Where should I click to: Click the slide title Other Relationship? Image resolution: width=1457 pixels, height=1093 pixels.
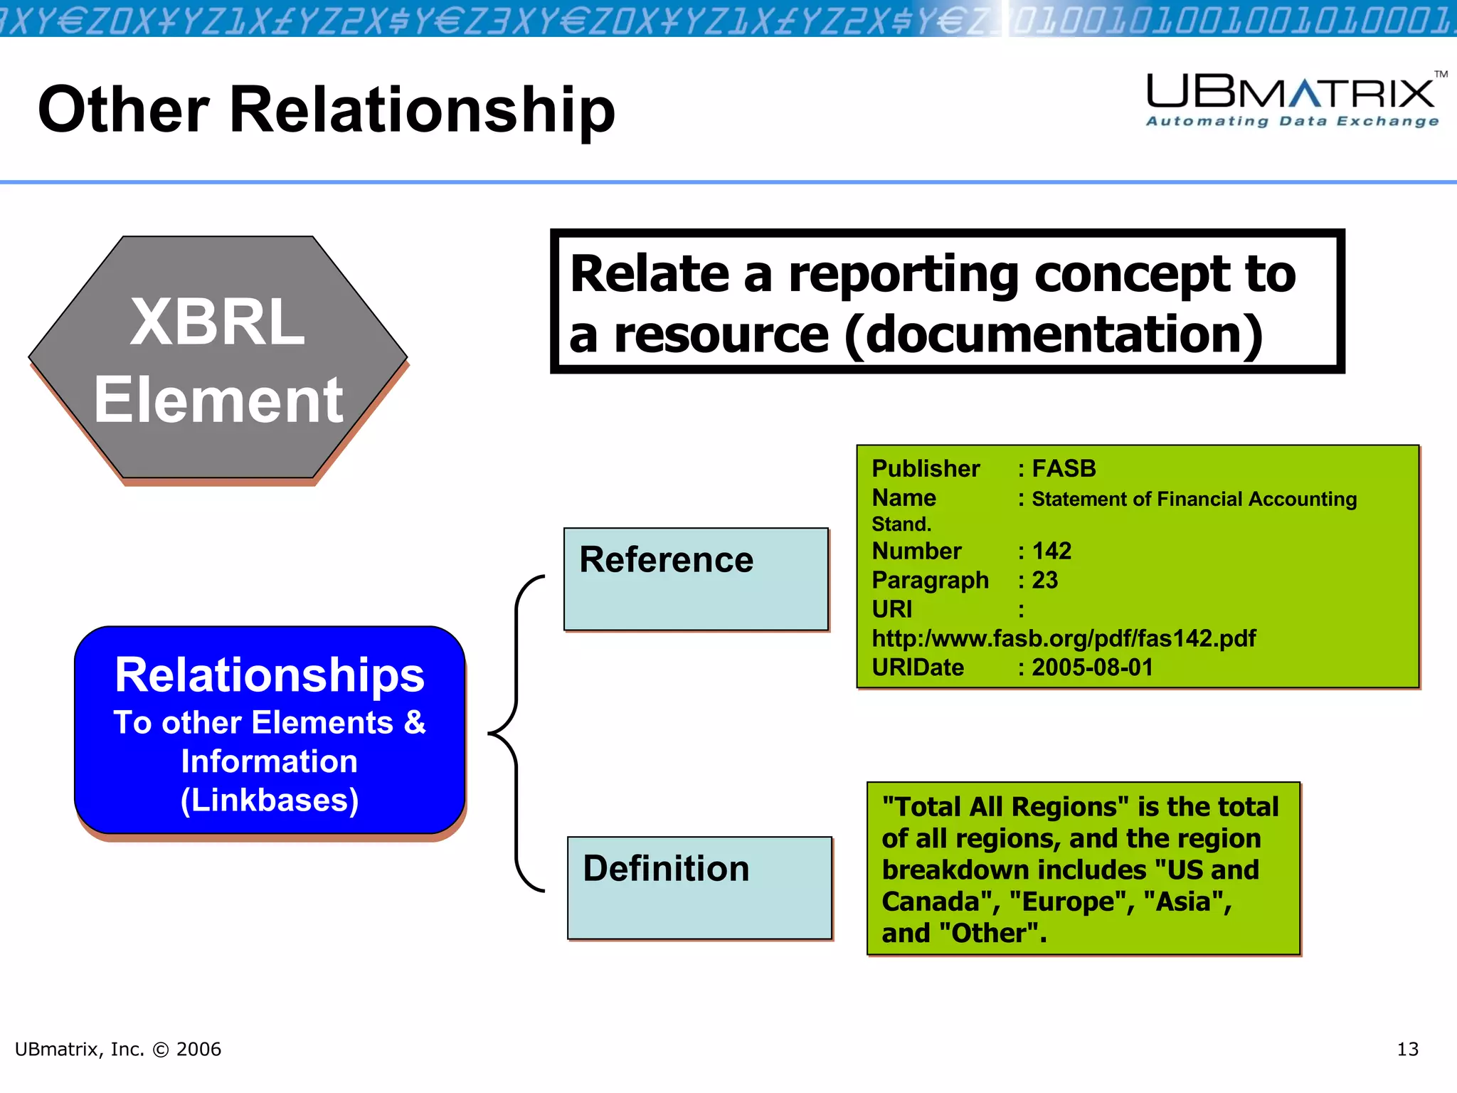point(326,110)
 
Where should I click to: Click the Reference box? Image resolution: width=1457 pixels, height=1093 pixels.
point(696,579)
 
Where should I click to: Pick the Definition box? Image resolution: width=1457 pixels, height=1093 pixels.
point(699,887)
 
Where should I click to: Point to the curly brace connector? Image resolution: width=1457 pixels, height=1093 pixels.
point(515,733)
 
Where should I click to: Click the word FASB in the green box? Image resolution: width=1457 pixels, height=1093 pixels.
point(1064,469)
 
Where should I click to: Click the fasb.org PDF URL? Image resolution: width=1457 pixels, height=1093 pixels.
point(1064,638)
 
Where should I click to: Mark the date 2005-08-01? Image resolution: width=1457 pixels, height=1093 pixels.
point(1092,667)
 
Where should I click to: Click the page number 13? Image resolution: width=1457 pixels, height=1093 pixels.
point(1407,1049)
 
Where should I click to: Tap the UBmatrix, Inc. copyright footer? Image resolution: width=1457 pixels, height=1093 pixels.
point(118,1049)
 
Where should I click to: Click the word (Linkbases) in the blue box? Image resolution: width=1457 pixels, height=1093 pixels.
point(269,801)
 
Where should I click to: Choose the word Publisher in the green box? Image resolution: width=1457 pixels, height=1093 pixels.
point(926,469)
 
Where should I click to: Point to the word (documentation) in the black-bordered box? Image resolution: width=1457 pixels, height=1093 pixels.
point(1053,335)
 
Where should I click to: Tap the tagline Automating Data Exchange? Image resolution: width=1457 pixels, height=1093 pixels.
point(1292,121)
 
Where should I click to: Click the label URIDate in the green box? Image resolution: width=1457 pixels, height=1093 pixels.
point(918,667)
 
